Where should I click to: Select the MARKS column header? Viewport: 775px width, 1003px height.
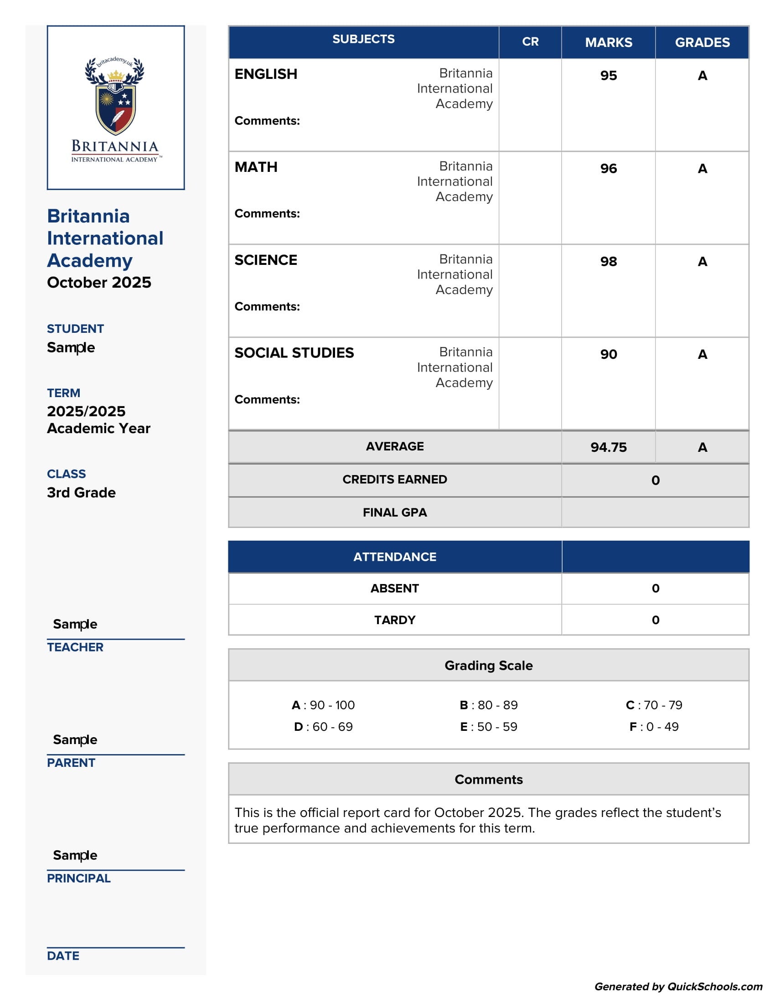[x=608, y=42]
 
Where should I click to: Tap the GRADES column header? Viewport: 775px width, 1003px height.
[x=702, y=42]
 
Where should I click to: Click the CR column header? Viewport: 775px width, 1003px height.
[x=530, y=42]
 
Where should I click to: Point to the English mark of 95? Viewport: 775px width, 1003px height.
[x=608, y=75]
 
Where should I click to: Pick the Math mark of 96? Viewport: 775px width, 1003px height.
[x=608, y=169]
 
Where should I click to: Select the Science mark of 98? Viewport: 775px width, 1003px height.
[x=608, y=261]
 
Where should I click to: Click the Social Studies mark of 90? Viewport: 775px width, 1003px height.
[x=608, y=354]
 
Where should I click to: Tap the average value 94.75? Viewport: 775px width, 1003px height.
[x=608, y=447]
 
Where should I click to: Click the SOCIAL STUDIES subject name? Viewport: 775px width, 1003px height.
[x=294, y=353]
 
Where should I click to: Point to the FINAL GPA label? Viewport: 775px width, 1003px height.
[x=394, y=512]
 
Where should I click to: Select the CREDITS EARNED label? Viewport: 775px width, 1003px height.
[x=394, y=479]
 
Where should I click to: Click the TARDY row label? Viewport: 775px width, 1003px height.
[x=394, y=620]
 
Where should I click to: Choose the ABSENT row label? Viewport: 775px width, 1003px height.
[x=394, y=588]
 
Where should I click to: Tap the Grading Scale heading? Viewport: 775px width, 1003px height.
[x=489, y=665]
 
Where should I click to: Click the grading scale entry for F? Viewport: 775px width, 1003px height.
[x=654, y=727]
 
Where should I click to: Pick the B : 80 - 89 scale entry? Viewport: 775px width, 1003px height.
[x=489, y=704]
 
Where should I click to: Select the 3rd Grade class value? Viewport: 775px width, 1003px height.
[x=81, y=492]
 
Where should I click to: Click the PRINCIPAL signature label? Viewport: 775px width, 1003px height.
[x=78, y=878]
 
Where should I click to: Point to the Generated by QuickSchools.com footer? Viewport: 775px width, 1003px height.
[x=678, y=986]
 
